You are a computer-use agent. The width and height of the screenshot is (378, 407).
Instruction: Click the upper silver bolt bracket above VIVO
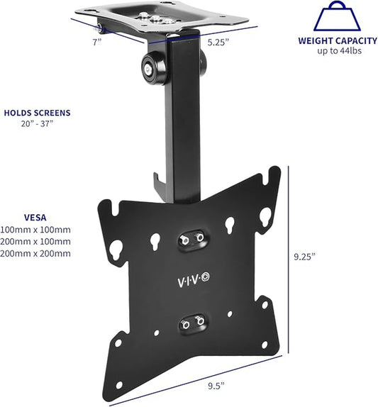[190, 239]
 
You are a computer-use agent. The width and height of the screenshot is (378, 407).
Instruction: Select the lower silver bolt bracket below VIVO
[190, 323]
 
